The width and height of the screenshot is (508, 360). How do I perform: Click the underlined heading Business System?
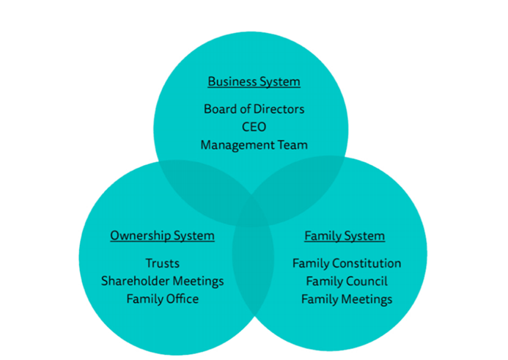254,81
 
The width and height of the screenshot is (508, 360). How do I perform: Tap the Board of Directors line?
254,109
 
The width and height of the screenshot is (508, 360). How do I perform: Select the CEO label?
254,127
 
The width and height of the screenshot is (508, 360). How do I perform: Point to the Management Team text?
254,144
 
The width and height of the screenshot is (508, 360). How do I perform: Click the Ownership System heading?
162,235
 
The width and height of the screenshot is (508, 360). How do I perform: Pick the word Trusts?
162,263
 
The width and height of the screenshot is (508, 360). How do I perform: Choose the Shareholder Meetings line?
162,281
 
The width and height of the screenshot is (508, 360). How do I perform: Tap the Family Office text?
162,298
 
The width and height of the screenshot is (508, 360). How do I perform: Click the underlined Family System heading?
345,235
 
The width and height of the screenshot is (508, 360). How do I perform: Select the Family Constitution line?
346,263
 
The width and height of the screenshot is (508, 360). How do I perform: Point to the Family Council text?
346,281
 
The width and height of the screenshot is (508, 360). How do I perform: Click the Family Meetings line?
346,298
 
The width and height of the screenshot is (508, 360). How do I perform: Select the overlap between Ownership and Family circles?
254,271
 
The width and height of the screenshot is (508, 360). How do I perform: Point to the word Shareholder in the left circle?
140,281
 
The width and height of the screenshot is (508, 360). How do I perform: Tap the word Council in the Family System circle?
367,281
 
